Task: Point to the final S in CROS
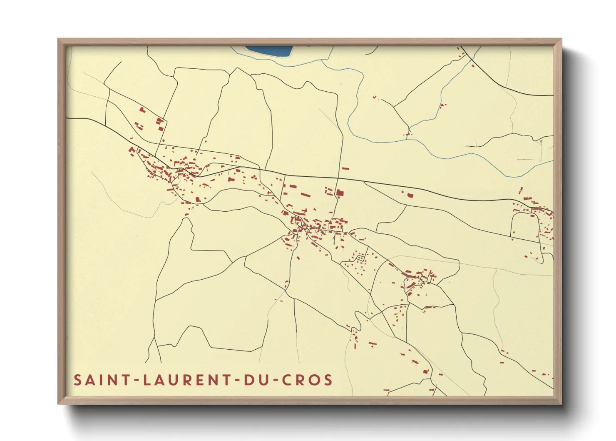point(328,380)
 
